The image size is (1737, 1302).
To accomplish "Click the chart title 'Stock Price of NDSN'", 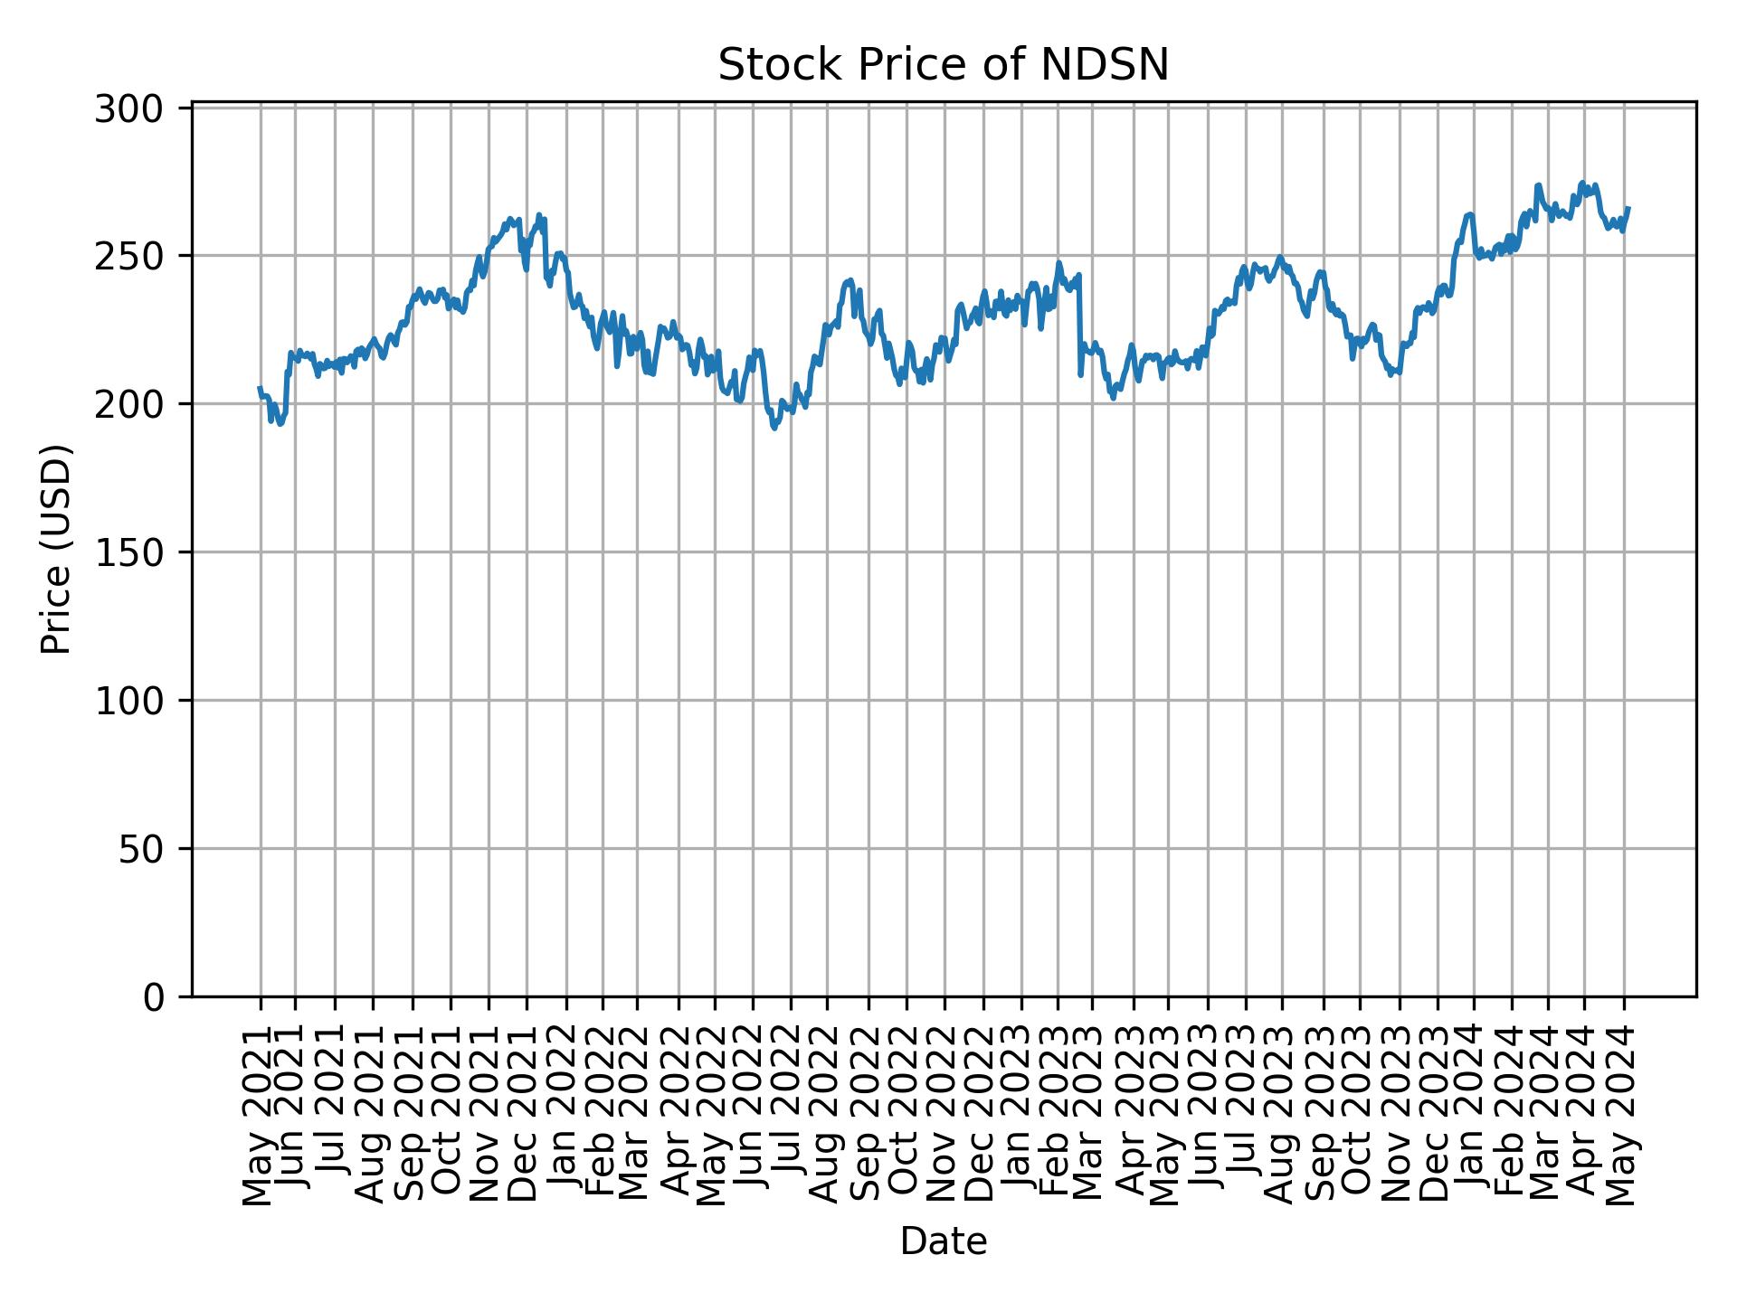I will (943, 65).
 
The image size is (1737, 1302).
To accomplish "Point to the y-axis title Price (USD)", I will (56, 549).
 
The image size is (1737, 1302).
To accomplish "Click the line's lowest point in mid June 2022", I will (774, 428).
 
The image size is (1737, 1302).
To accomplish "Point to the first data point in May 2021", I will (260, 387).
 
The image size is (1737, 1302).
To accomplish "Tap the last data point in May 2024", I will (1628, 208).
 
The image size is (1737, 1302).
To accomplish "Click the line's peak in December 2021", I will (539, 215).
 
